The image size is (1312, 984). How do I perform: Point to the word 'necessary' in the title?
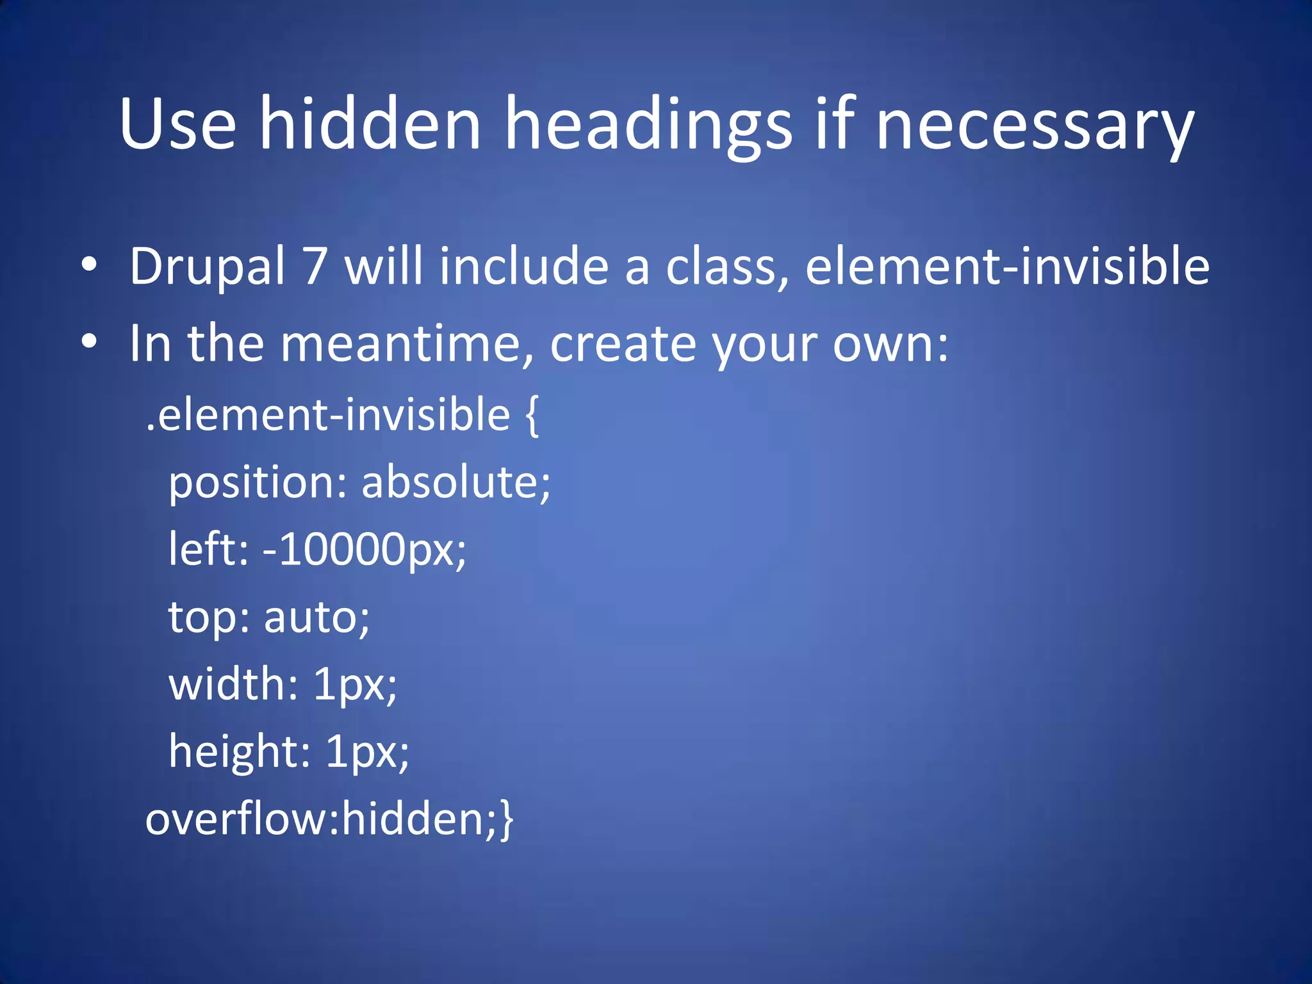(x=1035, y=128)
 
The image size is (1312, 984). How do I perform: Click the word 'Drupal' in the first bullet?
(x=207, y=267)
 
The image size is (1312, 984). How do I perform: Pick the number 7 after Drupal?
(x=315, y=267)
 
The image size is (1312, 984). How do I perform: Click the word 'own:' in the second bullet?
(x=890, y=345)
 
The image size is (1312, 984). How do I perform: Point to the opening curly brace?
(x=532, y=416)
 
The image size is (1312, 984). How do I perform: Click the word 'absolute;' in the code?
(x=455, y=482)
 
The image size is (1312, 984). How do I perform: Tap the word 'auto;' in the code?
(x=316, y=618)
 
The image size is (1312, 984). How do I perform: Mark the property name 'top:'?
(x=209, y=619)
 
